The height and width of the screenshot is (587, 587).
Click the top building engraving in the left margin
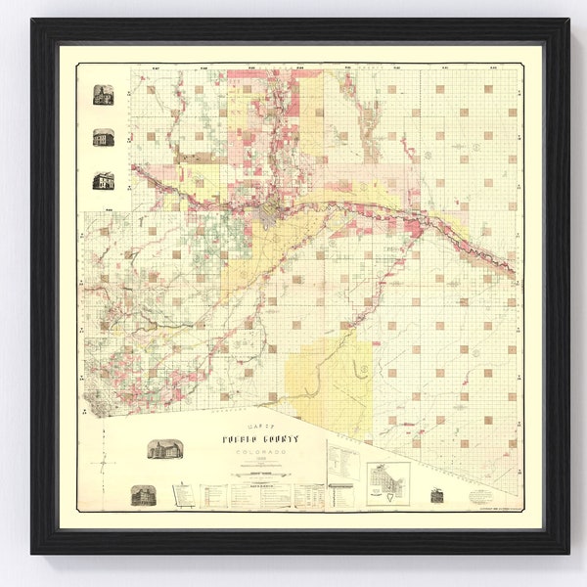103,95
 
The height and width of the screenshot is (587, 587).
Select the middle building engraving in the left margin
103,138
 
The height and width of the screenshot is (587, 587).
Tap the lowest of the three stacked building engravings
103,181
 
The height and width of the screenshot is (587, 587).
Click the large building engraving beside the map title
162,449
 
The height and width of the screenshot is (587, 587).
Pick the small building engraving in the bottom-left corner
143,495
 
